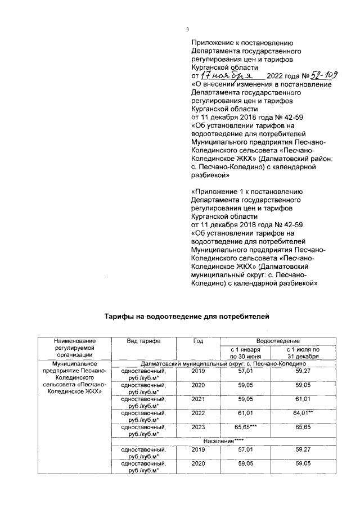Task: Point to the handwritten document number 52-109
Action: pyautogui.click(x=327, y=74)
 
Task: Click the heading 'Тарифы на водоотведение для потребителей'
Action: pyautogui.click(x=184, y=317)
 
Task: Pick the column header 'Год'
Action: pyautogui.click(x=198, y=341)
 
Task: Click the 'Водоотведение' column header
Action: pyautogui.click(x=278, y=341)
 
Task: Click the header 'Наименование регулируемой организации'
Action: pyautogui.click(x=74, y=348)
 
